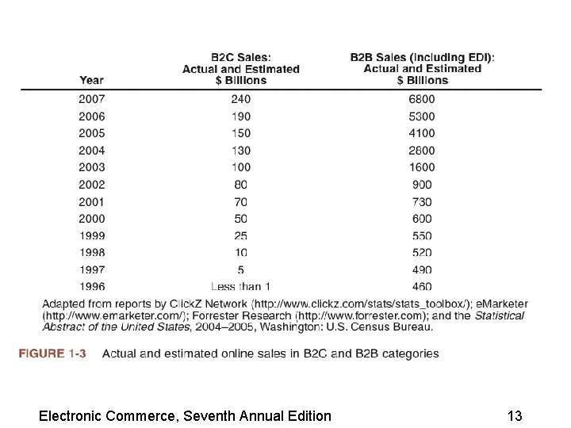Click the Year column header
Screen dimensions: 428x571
(x=91, y=80)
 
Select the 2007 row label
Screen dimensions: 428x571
(x=91, y=99)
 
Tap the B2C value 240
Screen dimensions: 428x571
(x=241, y=99)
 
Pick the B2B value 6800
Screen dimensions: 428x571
(x=422, y=99)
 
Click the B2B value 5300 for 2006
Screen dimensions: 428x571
(x=422, y=117)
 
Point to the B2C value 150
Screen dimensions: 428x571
(x=241, y=133)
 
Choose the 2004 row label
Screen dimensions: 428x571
(x=91, y=151)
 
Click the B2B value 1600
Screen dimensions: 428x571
(x=422, y=167)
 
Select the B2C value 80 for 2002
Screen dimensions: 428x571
(x=241, y=185)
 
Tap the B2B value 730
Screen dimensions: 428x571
(x=422, y=201)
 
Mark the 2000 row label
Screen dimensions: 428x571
(x=91, y=219)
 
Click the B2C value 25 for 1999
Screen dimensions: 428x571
(x=241, y=235)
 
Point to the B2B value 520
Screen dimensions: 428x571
(x=422, y=253)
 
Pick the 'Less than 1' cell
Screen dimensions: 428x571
(x=241, y=286)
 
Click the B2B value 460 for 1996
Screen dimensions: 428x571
(x=422, y=286)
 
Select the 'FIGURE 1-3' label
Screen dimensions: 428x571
(x=52, y=353)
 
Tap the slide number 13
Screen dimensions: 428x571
(x=514, y=415)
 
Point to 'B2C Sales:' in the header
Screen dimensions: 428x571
(x=241, y=57)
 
